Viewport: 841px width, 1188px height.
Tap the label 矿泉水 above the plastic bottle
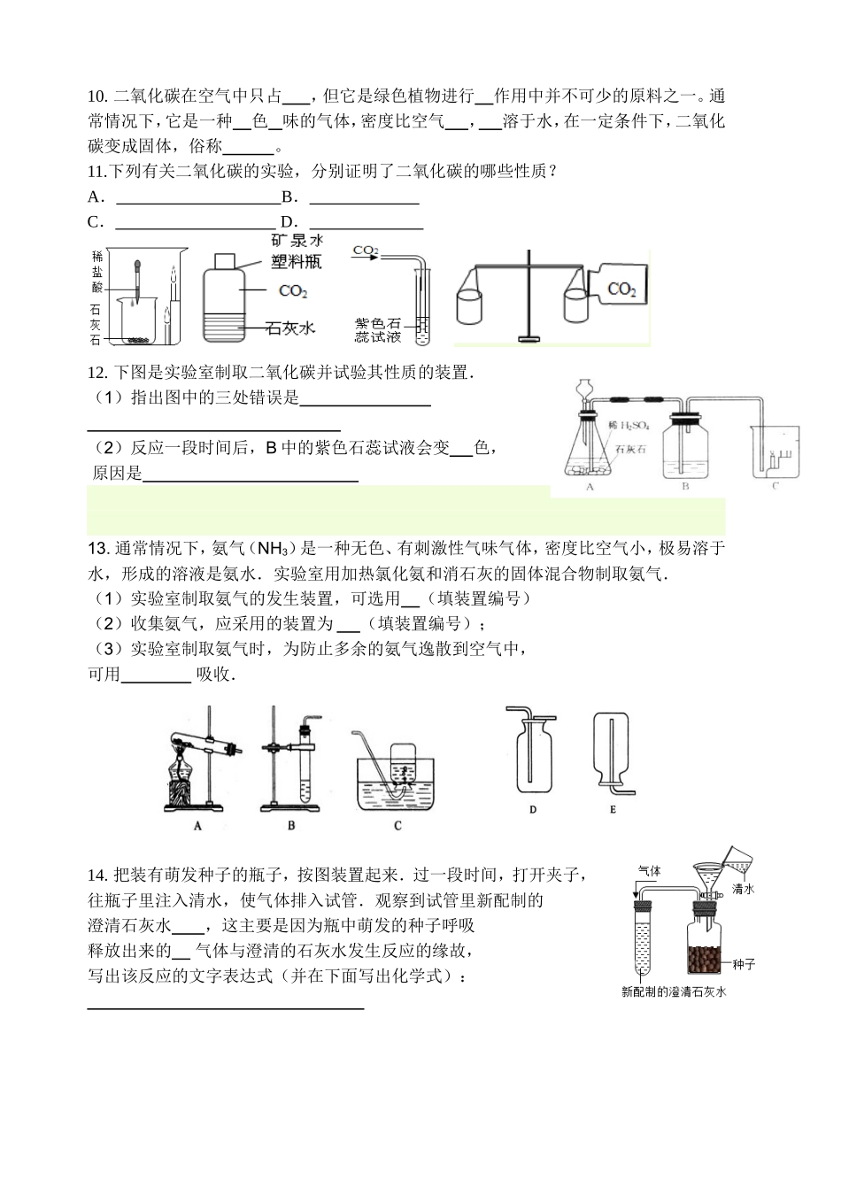[x=297, y=240]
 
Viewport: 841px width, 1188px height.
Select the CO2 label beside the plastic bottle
[x=292, y=290]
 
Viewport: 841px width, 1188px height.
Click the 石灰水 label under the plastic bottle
[x=290, y=328]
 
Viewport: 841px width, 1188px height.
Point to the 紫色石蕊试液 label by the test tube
[x=378, y=330]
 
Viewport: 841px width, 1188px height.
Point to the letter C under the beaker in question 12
[x=775, y=486]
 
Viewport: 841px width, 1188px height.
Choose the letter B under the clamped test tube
[x=291, y=826]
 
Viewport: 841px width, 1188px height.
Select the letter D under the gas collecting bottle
[x=533, y=809]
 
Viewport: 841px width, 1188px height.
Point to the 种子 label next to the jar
[x=742, y=964]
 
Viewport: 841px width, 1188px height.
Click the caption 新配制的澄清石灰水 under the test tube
[x=673, y=992]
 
